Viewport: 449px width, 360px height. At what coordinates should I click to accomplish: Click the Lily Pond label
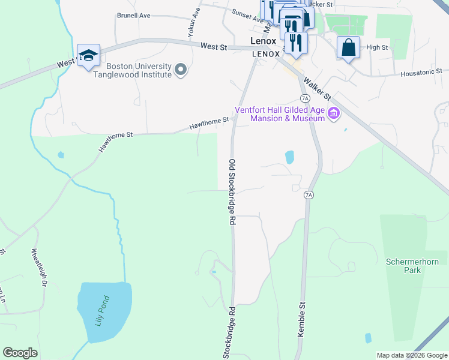(103, 310)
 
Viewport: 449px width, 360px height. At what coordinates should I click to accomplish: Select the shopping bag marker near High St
(348, 47)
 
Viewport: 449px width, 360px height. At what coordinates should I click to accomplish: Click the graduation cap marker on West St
(89, 55)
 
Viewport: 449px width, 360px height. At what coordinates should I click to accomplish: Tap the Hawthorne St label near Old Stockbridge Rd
(209, 124)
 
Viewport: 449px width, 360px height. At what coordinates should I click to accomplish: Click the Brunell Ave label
(133, 16)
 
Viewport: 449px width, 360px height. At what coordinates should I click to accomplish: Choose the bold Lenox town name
(263, 41)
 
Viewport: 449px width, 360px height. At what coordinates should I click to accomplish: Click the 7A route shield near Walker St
(305, 98)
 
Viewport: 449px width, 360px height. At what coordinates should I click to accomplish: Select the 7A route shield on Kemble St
(309, 195)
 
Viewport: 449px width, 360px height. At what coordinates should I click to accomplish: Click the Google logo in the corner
(20, 353)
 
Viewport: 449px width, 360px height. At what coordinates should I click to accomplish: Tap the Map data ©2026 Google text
(412, 355)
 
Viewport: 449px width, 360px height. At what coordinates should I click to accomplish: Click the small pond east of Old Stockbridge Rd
(290, 157)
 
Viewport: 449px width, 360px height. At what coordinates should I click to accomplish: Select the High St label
(377, 47)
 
